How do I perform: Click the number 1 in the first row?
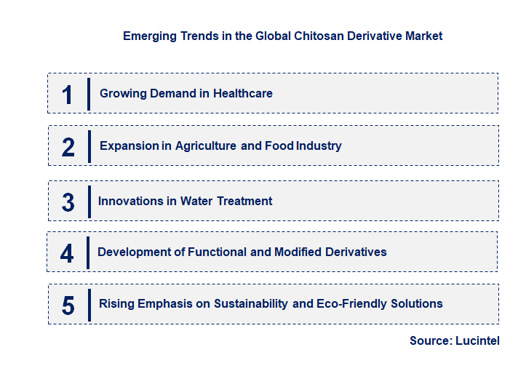tap(68, 95)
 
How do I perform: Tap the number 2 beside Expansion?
tap(68, 147)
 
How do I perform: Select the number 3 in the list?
tap(68, 202)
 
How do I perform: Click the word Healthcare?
tap(243, 94)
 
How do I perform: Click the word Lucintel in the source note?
tap(477, 340)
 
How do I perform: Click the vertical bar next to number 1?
tap(88, 94)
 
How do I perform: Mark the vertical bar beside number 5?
tap(88, 305)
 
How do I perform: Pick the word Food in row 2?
tap(279, 146)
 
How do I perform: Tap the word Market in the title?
tap(422, 36)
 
